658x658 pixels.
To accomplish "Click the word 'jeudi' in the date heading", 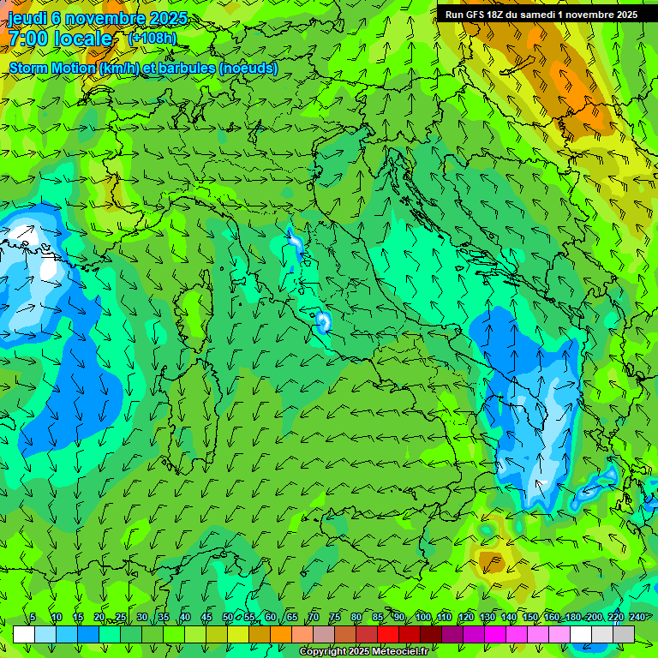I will [27, 18].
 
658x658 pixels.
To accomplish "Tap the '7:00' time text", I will [28, 39].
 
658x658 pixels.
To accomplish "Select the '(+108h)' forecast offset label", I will [153, 38].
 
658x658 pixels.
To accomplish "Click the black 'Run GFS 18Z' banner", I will [541, 14].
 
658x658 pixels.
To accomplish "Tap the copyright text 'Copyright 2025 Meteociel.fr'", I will [363, 652].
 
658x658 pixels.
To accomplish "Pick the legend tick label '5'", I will [33, 617].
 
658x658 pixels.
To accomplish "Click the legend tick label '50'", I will [227, 617].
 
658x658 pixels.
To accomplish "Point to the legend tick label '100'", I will [422, 617].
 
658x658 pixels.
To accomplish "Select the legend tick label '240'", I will [637, 617].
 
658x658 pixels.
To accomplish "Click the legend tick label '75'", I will [335, 617].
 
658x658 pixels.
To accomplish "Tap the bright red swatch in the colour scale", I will [388, 634].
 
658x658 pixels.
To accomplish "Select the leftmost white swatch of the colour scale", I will [24, 634].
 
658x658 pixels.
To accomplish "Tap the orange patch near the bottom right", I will [491, 562].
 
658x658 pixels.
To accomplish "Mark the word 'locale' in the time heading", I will [83, 39].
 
